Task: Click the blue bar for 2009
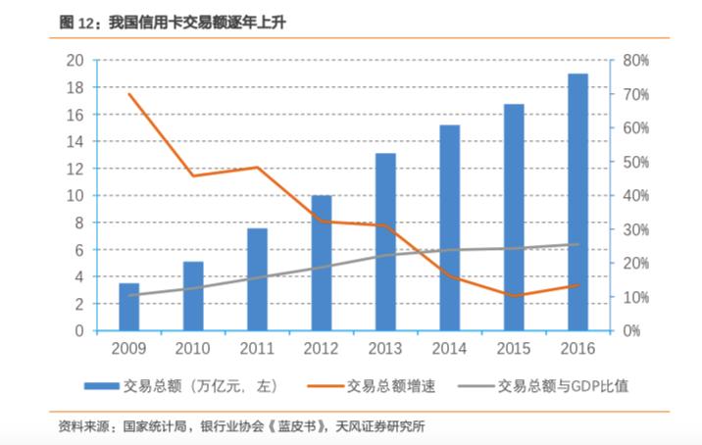pyautogui.click(x=128, y=307)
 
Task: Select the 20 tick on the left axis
pyautogui.click(x=75, y=61)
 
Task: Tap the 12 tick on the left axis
pyautogui.click(x=75, y=169)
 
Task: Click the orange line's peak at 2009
pyautogui.click(x=128, y=93)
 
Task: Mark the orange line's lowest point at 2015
pyautogui.click(x=514, y=295)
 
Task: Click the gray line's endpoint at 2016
pyautogui.click(x=578, y=244)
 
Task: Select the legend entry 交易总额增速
pyautogui.click(x=391, y=385)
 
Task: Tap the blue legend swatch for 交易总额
pyautogui.click(x=101, y=386)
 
